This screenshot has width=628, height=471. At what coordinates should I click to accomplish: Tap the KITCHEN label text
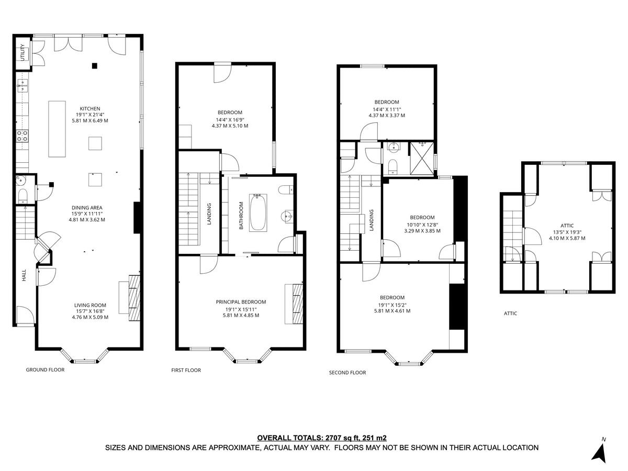coord(90,109)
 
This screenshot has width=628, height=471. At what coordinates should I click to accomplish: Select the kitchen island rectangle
coord(57,129)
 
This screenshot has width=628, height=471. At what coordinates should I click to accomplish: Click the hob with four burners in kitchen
coord(23,137)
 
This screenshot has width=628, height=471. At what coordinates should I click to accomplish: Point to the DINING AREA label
coord(87,208)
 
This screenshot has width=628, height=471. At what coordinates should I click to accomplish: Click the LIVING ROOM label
coord(90,305)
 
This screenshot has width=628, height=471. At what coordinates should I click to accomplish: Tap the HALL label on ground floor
coord(24,276)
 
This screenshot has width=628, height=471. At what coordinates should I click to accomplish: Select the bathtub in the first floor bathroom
coord(258,212)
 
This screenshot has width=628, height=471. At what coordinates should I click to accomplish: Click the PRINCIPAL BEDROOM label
coord(241,301)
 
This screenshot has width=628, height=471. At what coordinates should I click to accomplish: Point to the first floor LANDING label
coord(209,214)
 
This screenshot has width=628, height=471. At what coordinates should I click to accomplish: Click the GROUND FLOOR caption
coord(45,369)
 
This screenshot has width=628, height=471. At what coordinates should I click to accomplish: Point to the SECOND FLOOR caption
coord(347,373)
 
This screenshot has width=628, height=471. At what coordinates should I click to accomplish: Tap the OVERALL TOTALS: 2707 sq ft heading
coord(321,438)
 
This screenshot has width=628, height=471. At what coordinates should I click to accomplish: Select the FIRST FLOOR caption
coord(186,370)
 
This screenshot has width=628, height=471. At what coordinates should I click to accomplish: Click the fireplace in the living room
coord(135,297)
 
